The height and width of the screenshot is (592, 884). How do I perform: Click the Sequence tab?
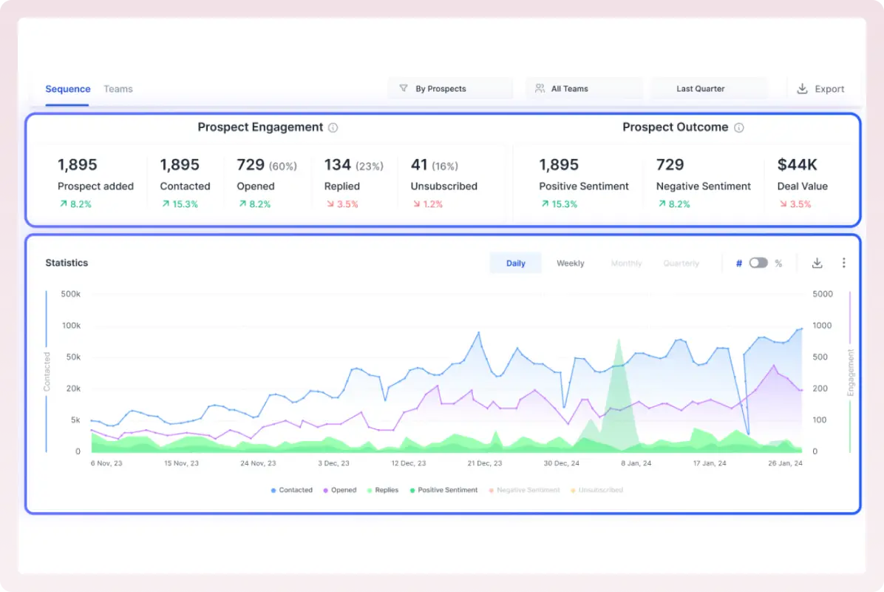67,89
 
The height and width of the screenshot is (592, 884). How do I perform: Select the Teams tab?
118,89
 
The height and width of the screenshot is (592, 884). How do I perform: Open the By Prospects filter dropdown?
449,89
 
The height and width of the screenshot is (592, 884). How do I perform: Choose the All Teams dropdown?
583,89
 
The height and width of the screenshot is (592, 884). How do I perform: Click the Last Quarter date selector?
708,89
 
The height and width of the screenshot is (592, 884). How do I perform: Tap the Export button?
820,89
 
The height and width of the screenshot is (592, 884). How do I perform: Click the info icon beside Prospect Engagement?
333,128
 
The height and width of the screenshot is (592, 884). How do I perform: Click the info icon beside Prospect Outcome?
738,128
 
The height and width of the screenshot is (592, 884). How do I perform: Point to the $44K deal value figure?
798,164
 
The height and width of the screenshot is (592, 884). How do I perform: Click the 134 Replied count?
338,164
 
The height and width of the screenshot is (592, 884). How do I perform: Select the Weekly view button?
570,263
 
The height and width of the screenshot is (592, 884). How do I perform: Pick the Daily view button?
515,263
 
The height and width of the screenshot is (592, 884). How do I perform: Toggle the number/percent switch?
758,263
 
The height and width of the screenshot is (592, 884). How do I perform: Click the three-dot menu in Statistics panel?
843,263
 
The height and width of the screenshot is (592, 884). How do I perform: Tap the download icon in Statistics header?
817,263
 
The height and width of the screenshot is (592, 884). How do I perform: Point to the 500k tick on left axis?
70,294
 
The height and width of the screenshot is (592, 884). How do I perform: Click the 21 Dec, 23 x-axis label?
484,463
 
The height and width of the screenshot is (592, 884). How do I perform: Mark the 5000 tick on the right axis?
823,294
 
